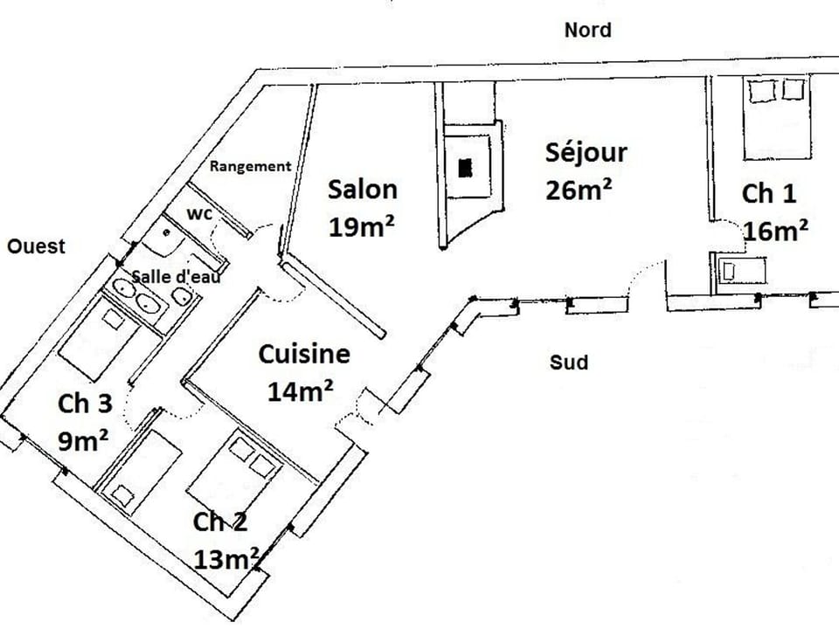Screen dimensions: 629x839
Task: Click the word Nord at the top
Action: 587,31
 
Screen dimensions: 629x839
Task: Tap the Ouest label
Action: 36,246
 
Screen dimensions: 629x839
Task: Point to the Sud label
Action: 568,362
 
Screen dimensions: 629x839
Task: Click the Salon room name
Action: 362,190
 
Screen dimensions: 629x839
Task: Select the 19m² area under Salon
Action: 362,226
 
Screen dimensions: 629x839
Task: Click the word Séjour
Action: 586,152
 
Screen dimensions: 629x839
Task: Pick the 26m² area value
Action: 578,190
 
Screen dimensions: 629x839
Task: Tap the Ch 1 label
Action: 769,194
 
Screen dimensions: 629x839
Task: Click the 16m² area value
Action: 775,231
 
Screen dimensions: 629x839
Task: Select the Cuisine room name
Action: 304,355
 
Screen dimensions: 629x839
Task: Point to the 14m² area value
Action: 300,392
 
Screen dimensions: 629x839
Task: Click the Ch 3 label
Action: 85,404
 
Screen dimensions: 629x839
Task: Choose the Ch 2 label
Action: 219,522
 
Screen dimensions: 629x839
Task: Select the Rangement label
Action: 250,166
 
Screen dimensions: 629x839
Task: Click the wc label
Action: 200,214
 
